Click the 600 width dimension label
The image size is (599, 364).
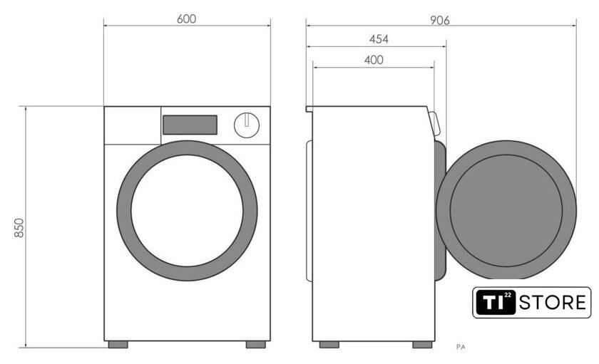tap(186, 19)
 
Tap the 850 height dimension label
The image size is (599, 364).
tap(19, 228)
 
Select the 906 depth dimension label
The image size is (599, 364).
tap(440, 20)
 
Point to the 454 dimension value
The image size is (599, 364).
tap(379, 39)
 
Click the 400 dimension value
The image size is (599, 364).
tap(374, 60)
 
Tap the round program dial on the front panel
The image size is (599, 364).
tap(247, 125)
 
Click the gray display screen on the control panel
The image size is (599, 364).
tap(190, 125)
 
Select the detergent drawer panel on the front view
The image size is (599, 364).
tap(133, 125)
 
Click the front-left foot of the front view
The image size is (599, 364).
tap(118, 345)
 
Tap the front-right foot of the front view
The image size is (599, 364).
tap(256, 345)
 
